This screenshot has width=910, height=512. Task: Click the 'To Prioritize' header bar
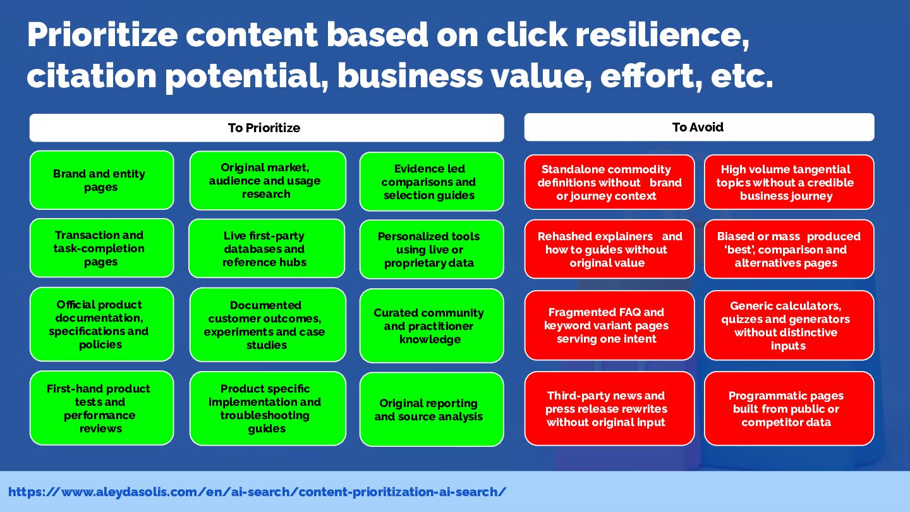pos(267,128)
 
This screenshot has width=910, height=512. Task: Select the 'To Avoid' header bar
pos(699,127)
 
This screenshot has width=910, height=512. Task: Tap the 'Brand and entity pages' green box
pos(102,180)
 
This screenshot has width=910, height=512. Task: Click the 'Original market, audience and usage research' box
pos(268,180)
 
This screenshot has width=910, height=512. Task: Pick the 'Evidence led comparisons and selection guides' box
pos(432,181)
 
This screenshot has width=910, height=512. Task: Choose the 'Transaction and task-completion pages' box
pos(102,248)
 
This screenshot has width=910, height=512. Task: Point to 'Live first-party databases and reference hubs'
pos(267,248)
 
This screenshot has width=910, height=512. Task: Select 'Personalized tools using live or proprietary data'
pos(432,249)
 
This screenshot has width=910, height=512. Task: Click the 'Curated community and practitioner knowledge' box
pos(432,326)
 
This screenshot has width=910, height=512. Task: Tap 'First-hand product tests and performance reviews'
pos(102,408)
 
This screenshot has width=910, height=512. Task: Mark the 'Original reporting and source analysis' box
pos(432,409)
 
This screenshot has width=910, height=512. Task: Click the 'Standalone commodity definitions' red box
pos(609,182)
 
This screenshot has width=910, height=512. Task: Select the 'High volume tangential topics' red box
pos(789,182)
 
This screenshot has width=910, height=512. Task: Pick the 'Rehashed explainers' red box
pos(609,249)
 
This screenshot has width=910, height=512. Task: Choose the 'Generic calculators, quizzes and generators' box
pos(789,325)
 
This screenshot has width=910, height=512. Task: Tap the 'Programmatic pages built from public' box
pos(789,408)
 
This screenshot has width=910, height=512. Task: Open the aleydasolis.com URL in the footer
pos(257,492)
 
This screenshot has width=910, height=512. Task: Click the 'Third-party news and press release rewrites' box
pos(609,408)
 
